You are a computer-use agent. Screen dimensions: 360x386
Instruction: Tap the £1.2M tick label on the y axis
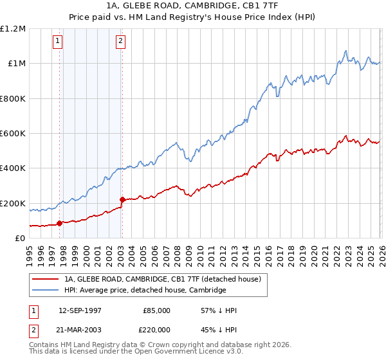(x=13, y=29)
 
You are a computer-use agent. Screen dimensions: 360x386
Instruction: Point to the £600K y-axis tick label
(x=13, y=134)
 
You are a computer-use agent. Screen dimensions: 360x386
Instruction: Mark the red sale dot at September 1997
(x=60, y=224)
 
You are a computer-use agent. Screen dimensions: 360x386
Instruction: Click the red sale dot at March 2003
(x=122, y=200)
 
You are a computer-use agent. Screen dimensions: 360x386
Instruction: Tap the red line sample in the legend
(x=46, y=280)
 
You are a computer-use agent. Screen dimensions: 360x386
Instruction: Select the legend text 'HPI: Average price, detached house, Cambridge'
(x=145, y=291)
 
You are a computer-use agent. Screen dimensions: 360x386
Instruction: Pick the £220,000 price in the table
(x=156, y=329)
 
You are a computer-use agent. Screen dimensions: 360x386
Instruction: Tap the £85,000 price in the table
(x=156, y=310)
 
